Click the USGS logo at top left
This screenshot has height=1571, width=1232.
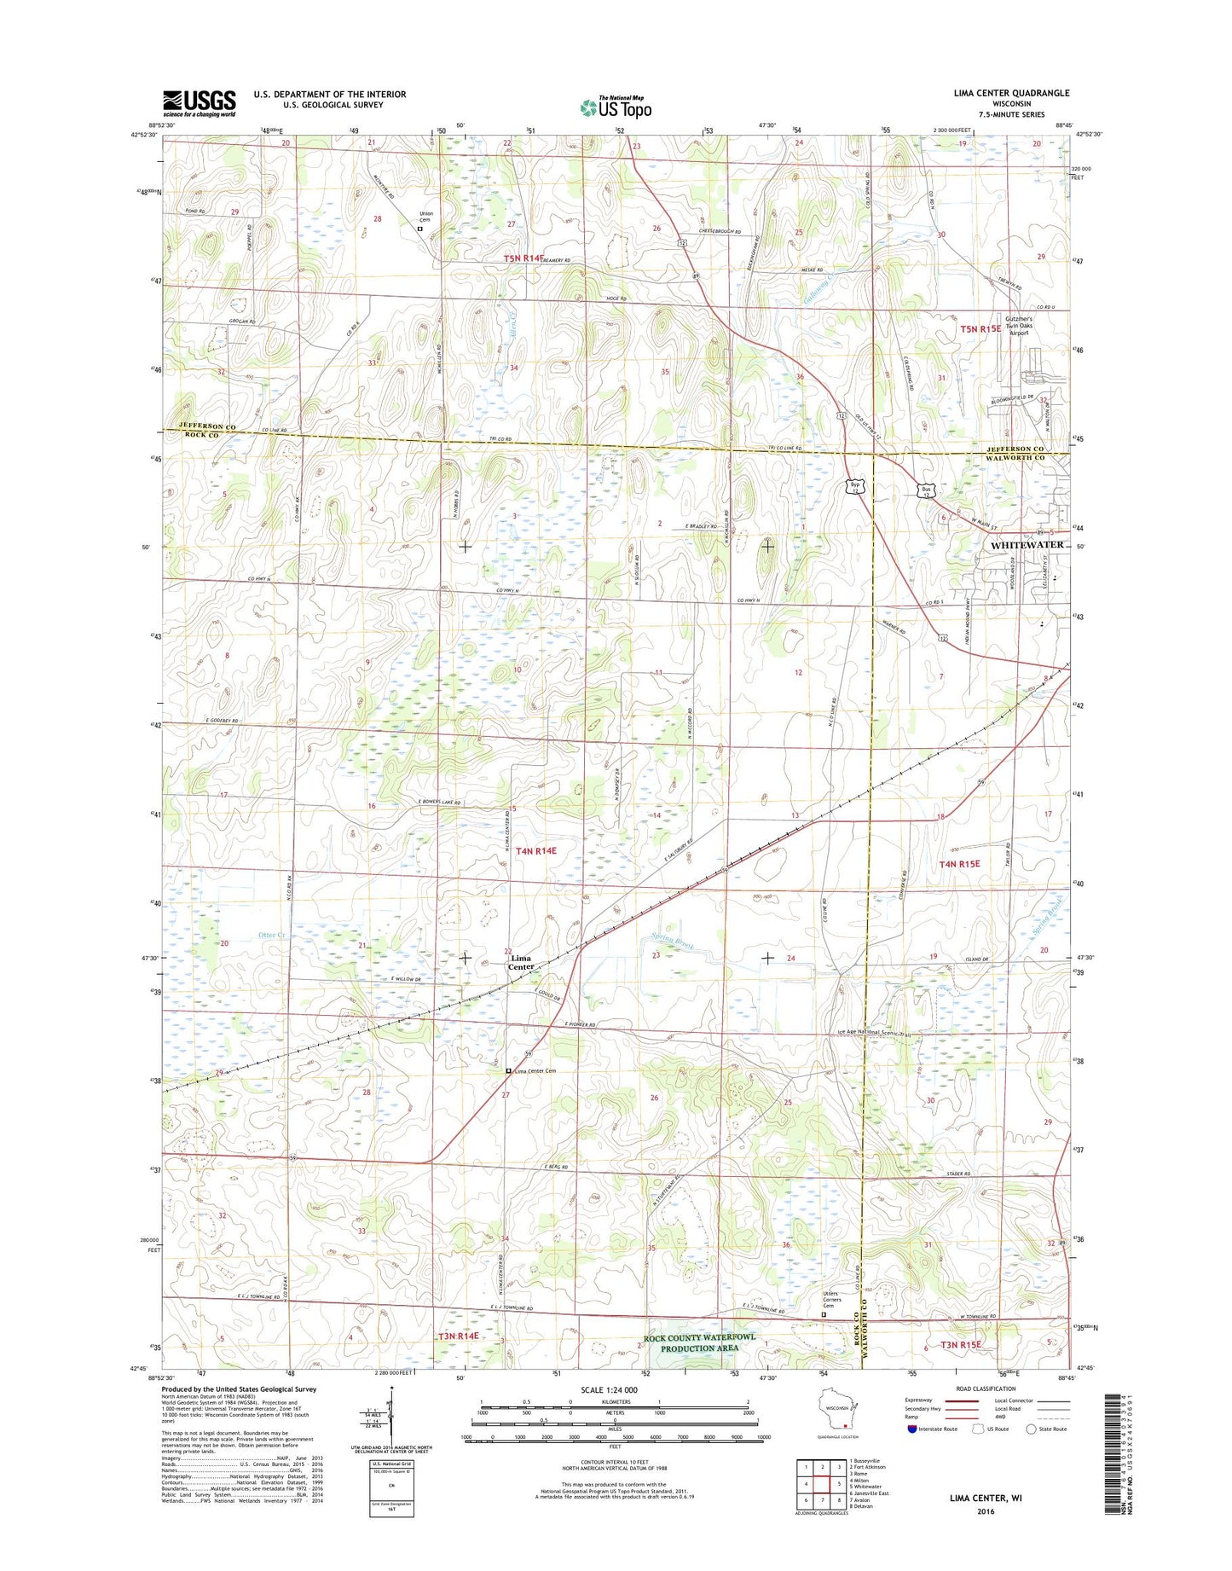199,103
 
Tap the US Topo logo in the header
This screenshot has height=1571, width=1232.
616,107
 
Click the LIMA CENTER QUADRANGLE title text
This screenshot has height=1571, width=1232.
1010,93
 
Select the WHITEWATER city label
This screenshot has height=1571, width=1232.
1027,544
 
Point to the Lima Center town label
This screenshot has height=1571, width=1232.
520,962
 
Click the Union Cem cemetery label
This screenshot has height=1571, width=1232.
427,217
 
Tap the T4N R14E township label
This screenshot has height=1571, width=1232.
535,850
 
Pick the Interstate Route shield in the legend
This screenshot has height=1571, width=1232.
911,1429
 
